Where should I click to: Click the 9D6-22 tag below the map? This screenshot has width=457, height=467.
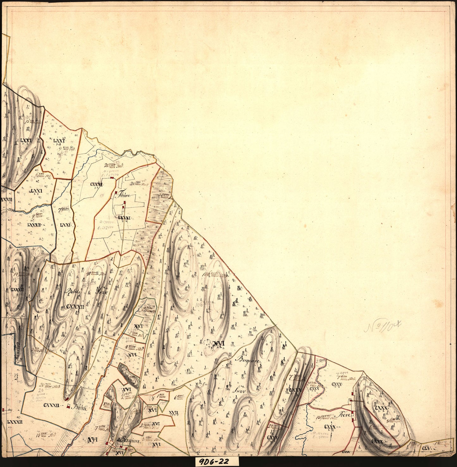tap(217, 461)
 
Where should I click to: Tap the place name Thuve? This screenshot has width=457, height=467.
tap(123, 195)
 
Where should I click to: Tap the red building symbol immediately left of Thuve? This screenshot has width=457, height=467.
tap(116, 192)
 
